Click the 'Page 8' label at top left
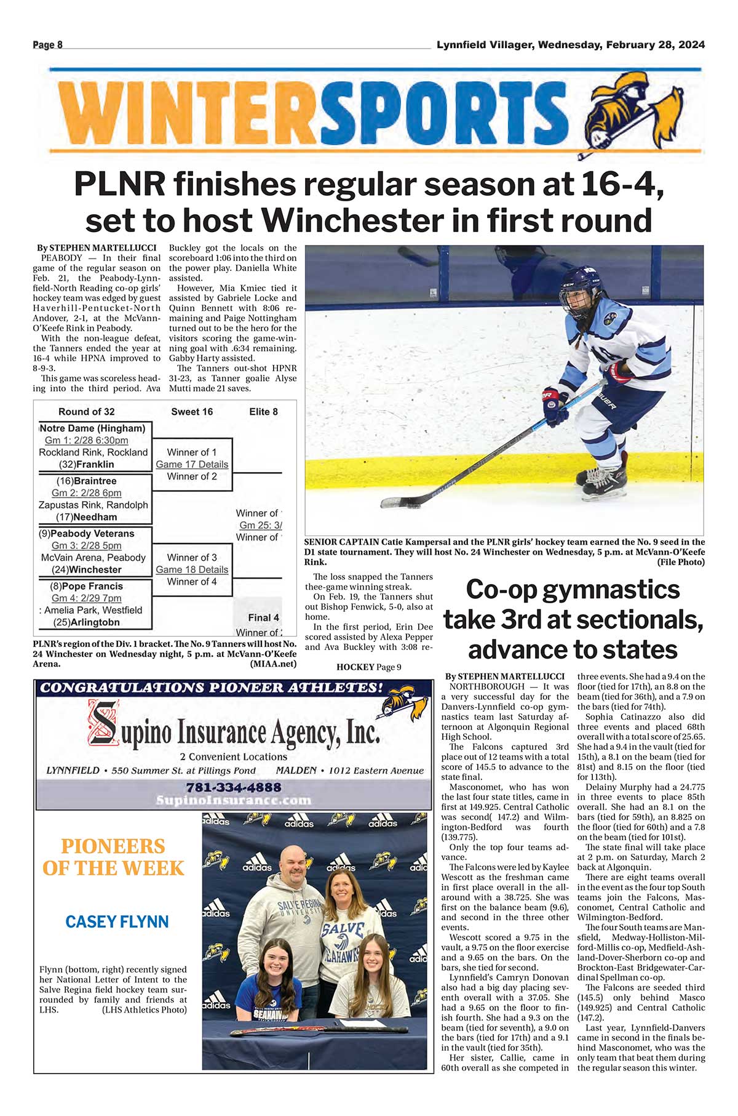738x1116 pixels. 47,45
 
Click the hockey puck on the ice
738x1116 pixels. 391,504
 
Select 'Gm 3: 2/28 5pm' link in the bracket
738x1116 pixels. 87,545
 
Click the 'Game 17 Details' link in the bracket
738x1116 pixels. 192,464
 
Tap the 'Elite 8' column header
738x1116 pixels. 263,412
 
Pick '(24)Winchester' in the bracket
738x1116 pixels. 90,569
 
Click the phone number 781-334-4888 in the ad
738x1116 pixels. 234,787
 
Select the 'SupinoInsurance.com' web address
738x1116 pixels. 234,800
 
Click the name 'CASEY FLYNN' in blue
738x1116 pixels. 117,921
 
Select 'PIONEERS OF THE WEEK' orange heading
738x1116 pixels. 113,857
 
